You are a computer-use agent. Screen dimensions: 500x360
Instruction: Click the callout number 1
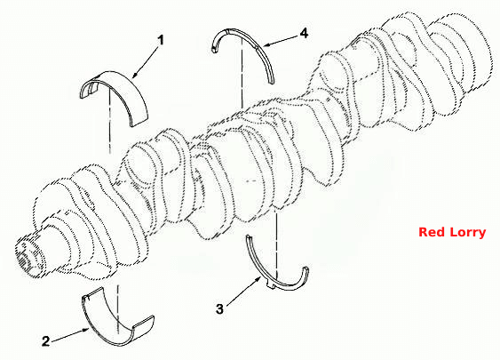point(161,41)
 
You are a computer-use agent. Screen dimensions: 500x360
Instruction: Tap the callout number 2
point(46,341)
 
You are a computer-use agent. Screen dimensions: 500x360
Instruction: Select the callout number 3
point(219,309)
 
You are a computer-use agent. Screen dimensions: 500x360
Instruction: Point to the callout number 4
point(305,33)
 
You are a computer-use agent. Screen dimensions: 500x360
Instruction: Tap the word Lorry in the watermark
point(468,233)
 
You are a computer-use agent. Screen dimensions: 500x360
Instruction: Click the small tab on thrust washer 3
point(271,287)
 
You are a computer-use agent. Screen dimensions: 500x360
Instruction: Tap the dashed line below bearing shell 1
point(109,121)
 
